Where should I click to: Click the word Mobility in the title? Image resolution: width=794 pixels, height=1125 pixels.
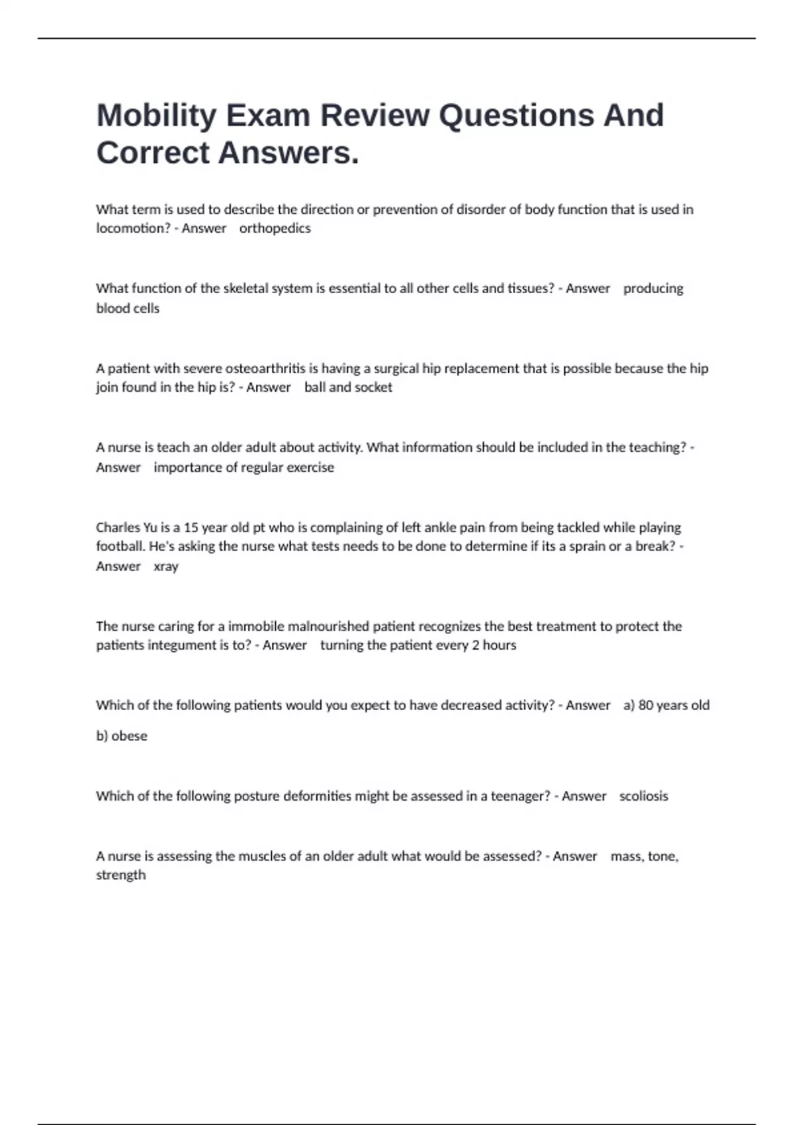tap(156, 116)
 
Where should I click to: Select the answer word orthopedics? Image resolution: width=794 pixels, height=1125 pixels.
tap(275, 228)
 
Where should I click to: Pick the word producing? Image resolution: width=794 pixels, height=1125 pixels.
tap(653, 289)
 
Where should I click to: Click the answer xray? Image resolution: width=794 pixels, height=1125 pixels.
tap(166, 566)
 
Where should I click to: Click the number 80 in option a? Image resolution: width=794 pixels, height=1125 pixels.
tap(646, 705)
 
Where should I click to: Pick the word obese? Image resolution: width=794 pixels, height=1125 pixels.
tap(129, 736)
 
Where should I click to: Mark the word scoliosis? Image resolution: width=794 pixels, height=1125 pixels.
tap(643, 796)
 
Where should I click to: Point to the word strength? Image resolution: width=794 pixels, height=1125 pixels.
tap(120, 875)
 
